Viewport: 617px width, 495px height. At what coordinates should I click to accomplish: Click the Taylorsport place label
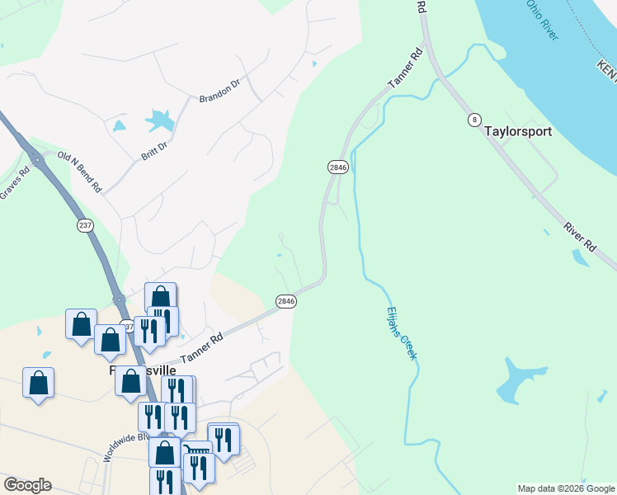[517, 131]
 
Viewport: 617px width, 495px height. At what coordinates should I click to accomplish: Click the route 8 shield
[473, 120]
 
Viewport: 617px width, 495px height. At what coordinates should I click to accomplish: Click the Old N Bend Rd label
[78, 172]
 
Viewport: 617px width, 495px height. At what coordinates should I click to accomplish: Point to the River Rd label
[580, 236]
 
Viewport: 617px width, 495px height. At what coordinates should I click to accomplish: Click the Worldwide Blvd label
[125, 446]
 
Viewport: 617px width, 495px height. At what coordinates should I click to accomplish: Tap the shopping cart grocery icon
[195, 451]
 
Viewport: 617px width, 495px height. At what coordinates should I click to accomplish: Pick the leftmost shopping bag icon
[38, 382]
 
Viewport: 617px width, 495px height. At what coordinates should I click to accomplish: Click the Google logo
[27, 485]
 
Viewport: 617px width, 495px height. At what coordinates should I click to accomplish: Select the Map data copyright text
[566, 488]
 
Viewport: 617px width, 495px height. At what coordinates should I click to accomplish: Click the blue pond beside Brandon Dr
[159, 121]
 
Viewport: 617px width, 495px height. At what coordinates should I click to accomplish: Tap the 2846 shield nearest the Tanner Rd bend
[285, 301]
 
